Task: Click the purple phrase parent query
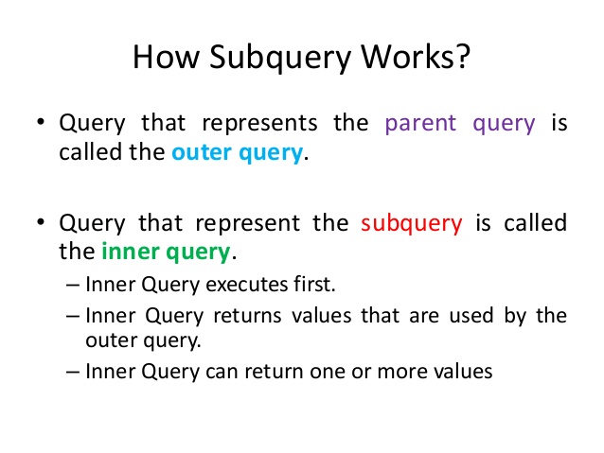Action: tap(460, 124)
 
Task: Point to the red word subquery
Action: tap(412, 224)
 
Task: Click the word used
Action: tap(473, 316)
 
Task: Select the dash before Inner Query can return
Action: tap(75, 372)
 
